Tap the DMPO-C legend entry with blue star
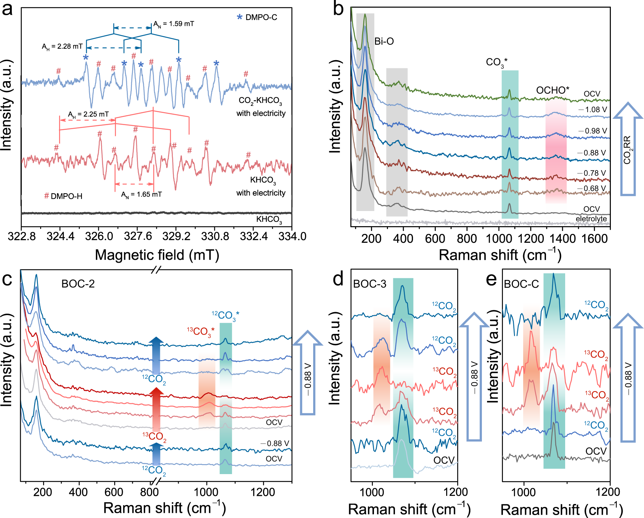pos(257,17)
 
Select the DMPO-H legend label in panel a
pos(63,196)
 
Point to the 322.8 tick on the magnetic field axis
pos(22,236)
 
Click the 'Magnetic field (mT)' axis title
pos(157,255)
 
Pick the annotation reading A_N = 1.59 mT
pos(174,24)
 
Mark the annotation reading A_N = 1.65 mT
pos(141,194)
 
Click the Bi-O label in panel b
pos(384,41)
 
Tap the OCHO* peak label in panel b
pos(552,90)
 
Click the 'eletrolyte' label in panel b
pos(591,219)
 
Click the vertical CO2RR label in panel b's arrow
pos(627,150)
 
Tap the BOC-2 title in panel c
pos(78,284)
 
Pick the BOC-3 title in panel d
pos(370,284)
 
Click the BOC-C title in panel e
pos(521,284)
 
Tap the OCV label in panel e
pos(596,451)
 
